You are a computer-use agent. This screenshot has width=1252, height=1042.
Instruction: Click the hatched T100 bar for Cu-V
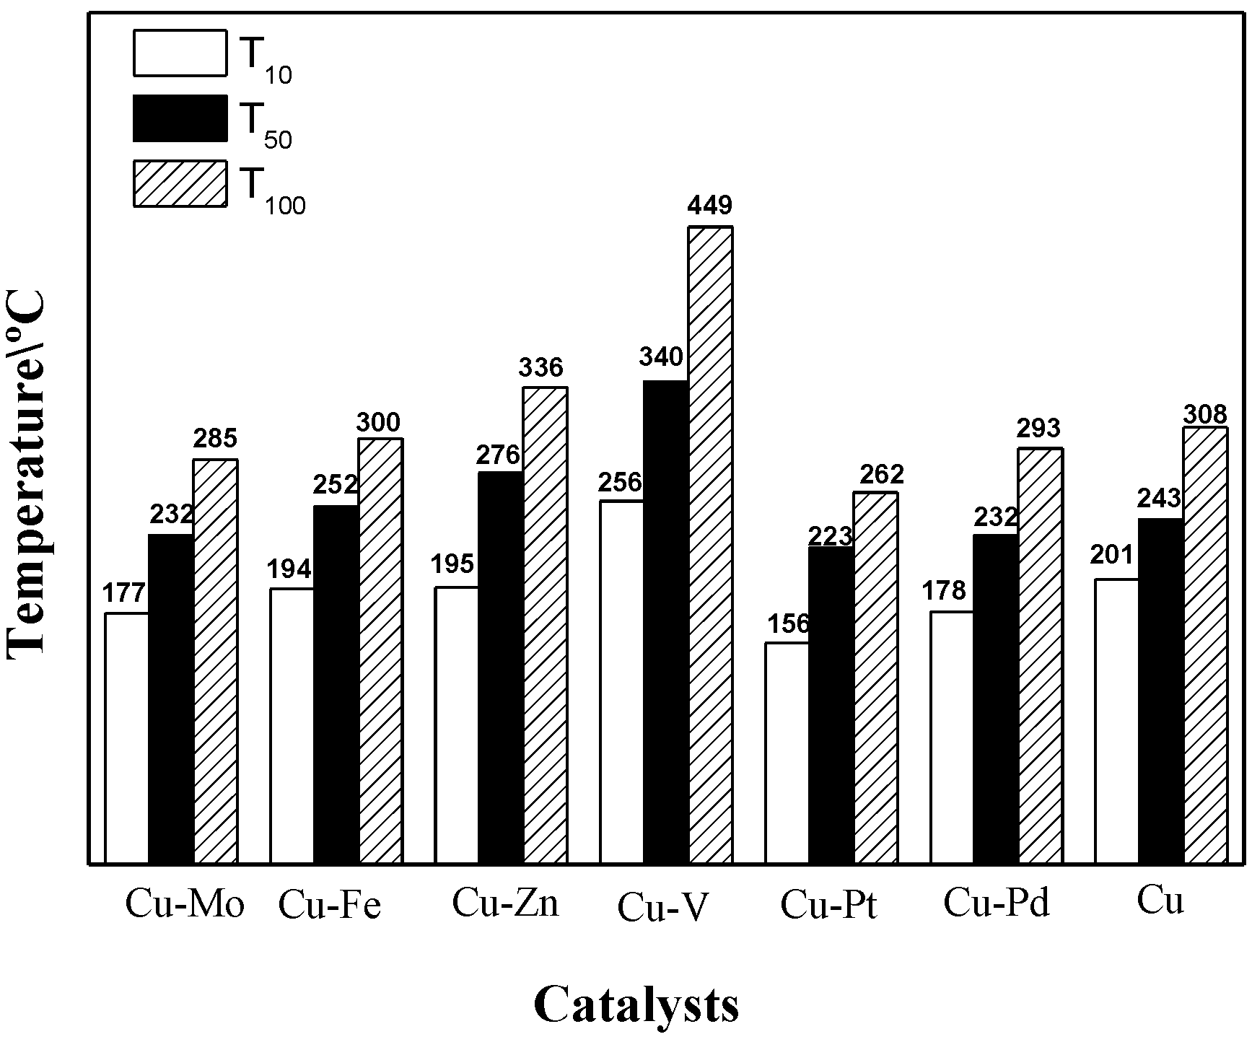pyautogui.click(x=710, y=545)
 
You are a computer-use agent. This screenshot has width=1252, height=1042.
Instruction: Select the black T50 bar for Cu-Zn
pyautogui.click(x=500, y=667)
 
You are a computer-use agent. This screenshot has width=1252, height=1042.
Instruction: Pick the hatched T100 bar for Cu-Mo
pyautogui.click(x=215, y=661)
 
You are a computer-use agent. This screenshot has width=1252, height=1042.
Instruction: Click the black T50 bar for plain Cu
pyautogui.click(x=1160, y=691)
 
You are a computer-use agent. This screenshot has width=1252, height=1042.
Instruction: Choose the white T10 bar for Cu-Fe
pyautogui.click(x=292, y=725)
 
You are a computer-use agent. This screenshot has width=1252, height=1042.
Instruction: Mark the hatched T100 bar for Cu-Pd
pyautogui.click(x=1040, y=655)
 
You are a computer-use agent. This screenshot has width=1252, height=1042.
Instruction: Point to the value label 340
pyautogui.click(x=660, y=356)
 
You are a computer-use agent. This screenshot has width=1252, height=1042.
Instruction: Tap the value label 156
pyautogui.click(x=789, y=623)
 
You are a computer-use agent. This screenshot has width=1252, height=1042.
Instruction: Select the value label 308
pyautogui.click(x=1205, y=414)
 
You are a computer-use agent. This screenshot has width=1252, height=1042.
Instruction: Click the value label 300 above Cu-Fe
pyautogui.click(x=379, y=421)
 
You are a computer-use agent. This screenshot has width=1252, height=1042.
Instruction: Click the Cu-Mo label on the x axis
pyautogui.click(x=185, y=905)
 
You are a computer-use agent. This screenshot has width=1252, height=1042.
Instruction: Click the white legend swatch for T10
pyautogui.click(x=180, y=53)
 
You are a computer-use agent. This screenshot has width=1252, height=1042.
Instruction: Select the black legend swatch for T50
pyautogui.click(x=180, y=118)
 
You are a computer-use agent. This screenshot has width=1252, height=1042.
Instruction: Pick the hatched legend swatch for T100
pyautogui.click(x=180, y=183)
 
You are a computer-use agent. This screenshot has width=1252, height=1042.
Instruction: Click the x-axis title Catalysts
pyautogui.click(x=636, y=1004)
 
